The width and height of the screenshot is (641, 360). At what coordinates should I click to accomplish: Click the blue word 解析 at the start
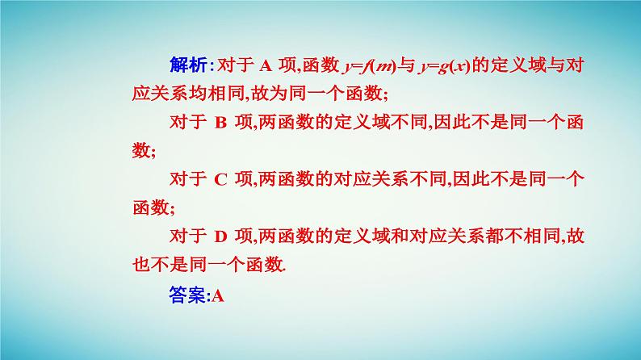[189, 65]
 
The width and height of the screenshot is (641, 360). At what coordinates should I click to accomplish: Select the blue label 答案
[189, 295]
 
